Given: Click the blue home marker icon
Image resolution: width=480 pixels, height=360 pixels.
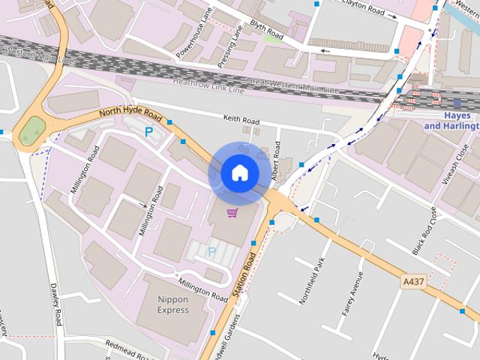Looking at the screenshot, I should tap(239, 173).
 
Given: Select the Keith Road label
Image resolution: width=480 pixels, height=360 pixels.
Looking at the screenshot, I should tap(241, 120).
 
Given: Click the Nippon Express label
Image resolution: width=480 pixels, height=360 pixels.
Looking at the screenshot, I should tap(173, 304).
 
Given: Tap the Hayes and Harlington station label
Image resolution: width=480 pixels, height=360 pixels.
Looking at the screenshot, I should tap(451, 121).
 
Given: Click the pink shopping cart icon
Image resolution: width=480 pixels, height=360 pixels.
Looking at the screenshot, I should tap(232, 213).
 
